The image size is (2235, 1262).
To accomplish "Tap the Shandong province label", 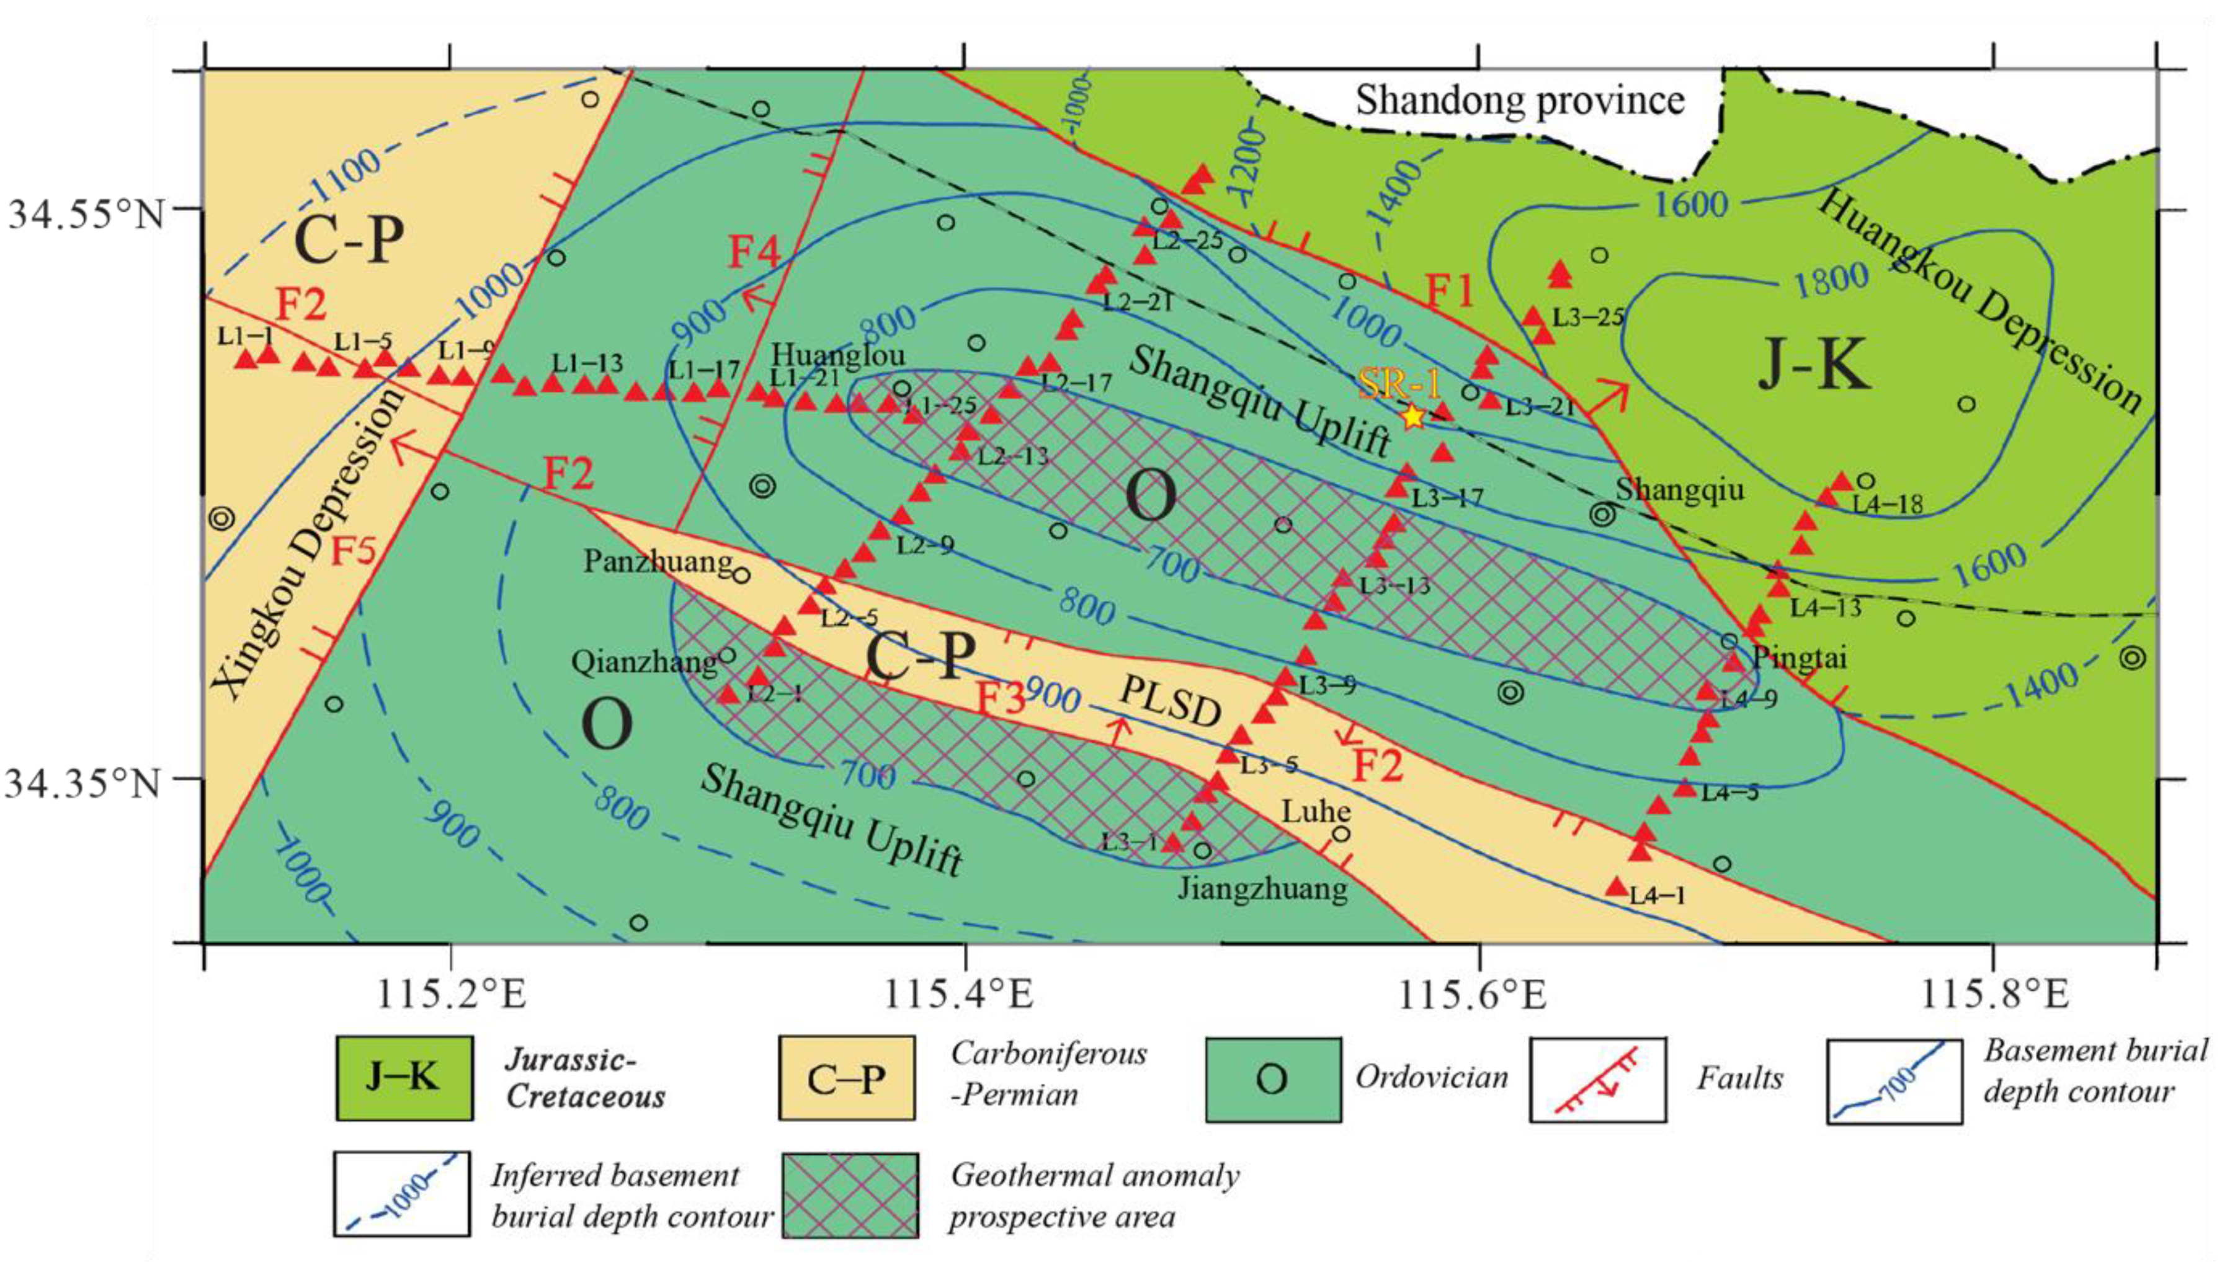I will [x=1519, y=100].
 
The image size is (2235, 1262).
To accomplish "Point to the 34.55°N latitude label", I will [x=87, y=213].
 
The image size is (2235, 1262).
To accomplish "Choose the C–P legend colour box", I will [x=846, y=1078].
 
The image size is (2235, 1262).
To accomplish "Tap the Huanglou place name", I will [x=838, y=354].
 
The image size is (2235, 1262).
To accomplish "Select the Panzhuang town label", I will [x=658, y=561].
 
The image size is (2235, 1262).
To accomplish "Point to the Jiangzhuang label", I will [x=1262, y=888].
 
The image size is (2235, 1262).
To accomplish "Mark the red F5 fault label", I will [x=353, y=550].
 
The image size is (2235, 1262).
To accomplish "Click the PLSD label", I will [x=1171, y=701].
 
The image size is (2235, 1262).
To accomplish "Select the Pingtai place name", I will [x=1798, y=657].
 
